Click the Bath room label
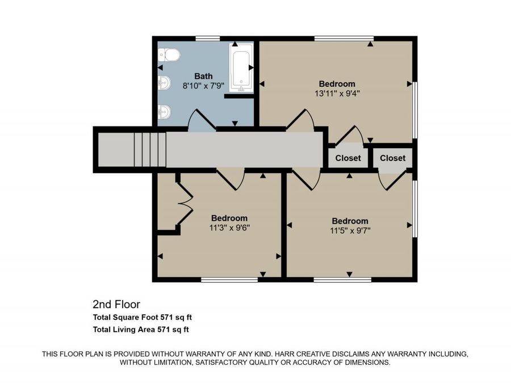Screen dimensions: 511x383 (x=203, y=76)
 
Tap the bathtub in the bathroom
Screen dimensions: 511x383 (x=241, y=68)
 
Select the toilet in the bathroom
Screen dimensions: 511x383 (x=169, y=55)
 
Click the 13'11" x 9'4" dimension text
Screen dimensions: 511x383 (x=337, y=94)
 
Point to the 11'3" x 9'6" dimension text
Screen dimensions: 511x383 (x=229, y=228)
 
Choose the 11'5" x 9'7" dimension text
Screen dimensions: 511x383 (x=350, y=230)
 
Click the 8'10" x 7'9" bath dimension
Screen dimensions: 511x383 (x=203, y=86)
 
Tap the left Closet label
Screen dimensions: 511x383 (x=348, y=158)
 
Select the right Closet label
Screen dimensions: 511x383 (x=393, y=158)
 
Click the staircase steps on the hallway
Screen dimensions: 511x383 (x=150, y=149)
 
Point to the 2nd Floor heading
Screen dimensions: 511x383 (x=116, y=304)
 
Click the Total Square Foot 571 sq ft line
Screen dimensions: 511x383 (x=143, y=317)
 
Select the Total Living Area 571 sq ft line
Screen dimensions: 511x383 (x=141, y=330)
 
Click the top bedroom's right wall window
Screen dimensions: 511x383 (x=415, y=110)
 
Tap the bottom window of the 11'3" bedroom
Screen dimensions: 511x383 (x=229, y=279)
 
